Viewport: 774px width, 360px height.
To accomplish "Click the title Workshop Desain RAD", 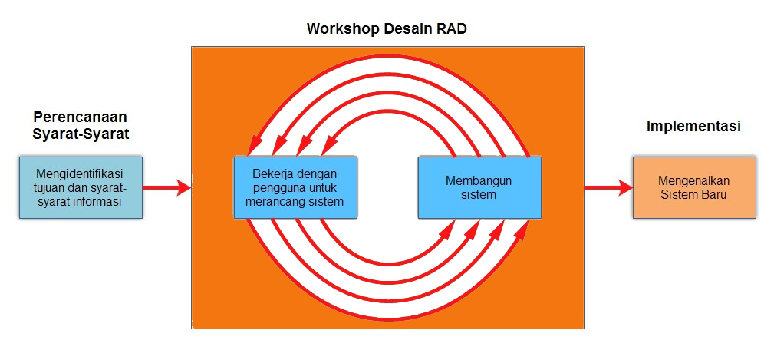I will [387, 30].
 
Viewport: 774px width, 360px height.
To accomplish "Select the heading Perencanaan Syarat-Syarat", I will [81, 125].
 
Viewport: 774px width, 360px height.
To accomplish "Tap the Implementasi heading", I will [693, 127].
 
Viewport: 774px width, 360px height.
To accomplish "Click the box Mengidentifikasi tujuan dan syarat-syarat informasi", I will [81, 188].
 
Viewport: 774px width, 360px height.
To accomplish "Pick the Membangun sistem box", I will [479, 188].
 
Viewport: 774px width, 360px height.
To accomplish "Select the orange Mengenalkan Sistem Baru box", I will [693, 188].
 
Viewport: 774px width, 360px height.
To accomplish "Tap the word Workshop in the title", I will [341, 30].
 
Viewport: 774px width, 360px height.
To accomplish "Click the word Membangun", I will [479, 181].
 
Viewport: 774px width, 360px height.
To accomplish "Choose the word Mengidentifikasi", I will [81, 174].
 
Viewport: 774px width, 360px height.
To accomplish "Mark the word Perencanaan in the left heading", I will [81, 117].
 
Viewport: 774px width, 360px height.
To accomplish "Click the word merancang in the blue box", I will [272, 201].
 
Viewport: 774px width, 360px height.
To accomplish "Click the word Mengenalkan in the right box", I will [693, 181].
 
